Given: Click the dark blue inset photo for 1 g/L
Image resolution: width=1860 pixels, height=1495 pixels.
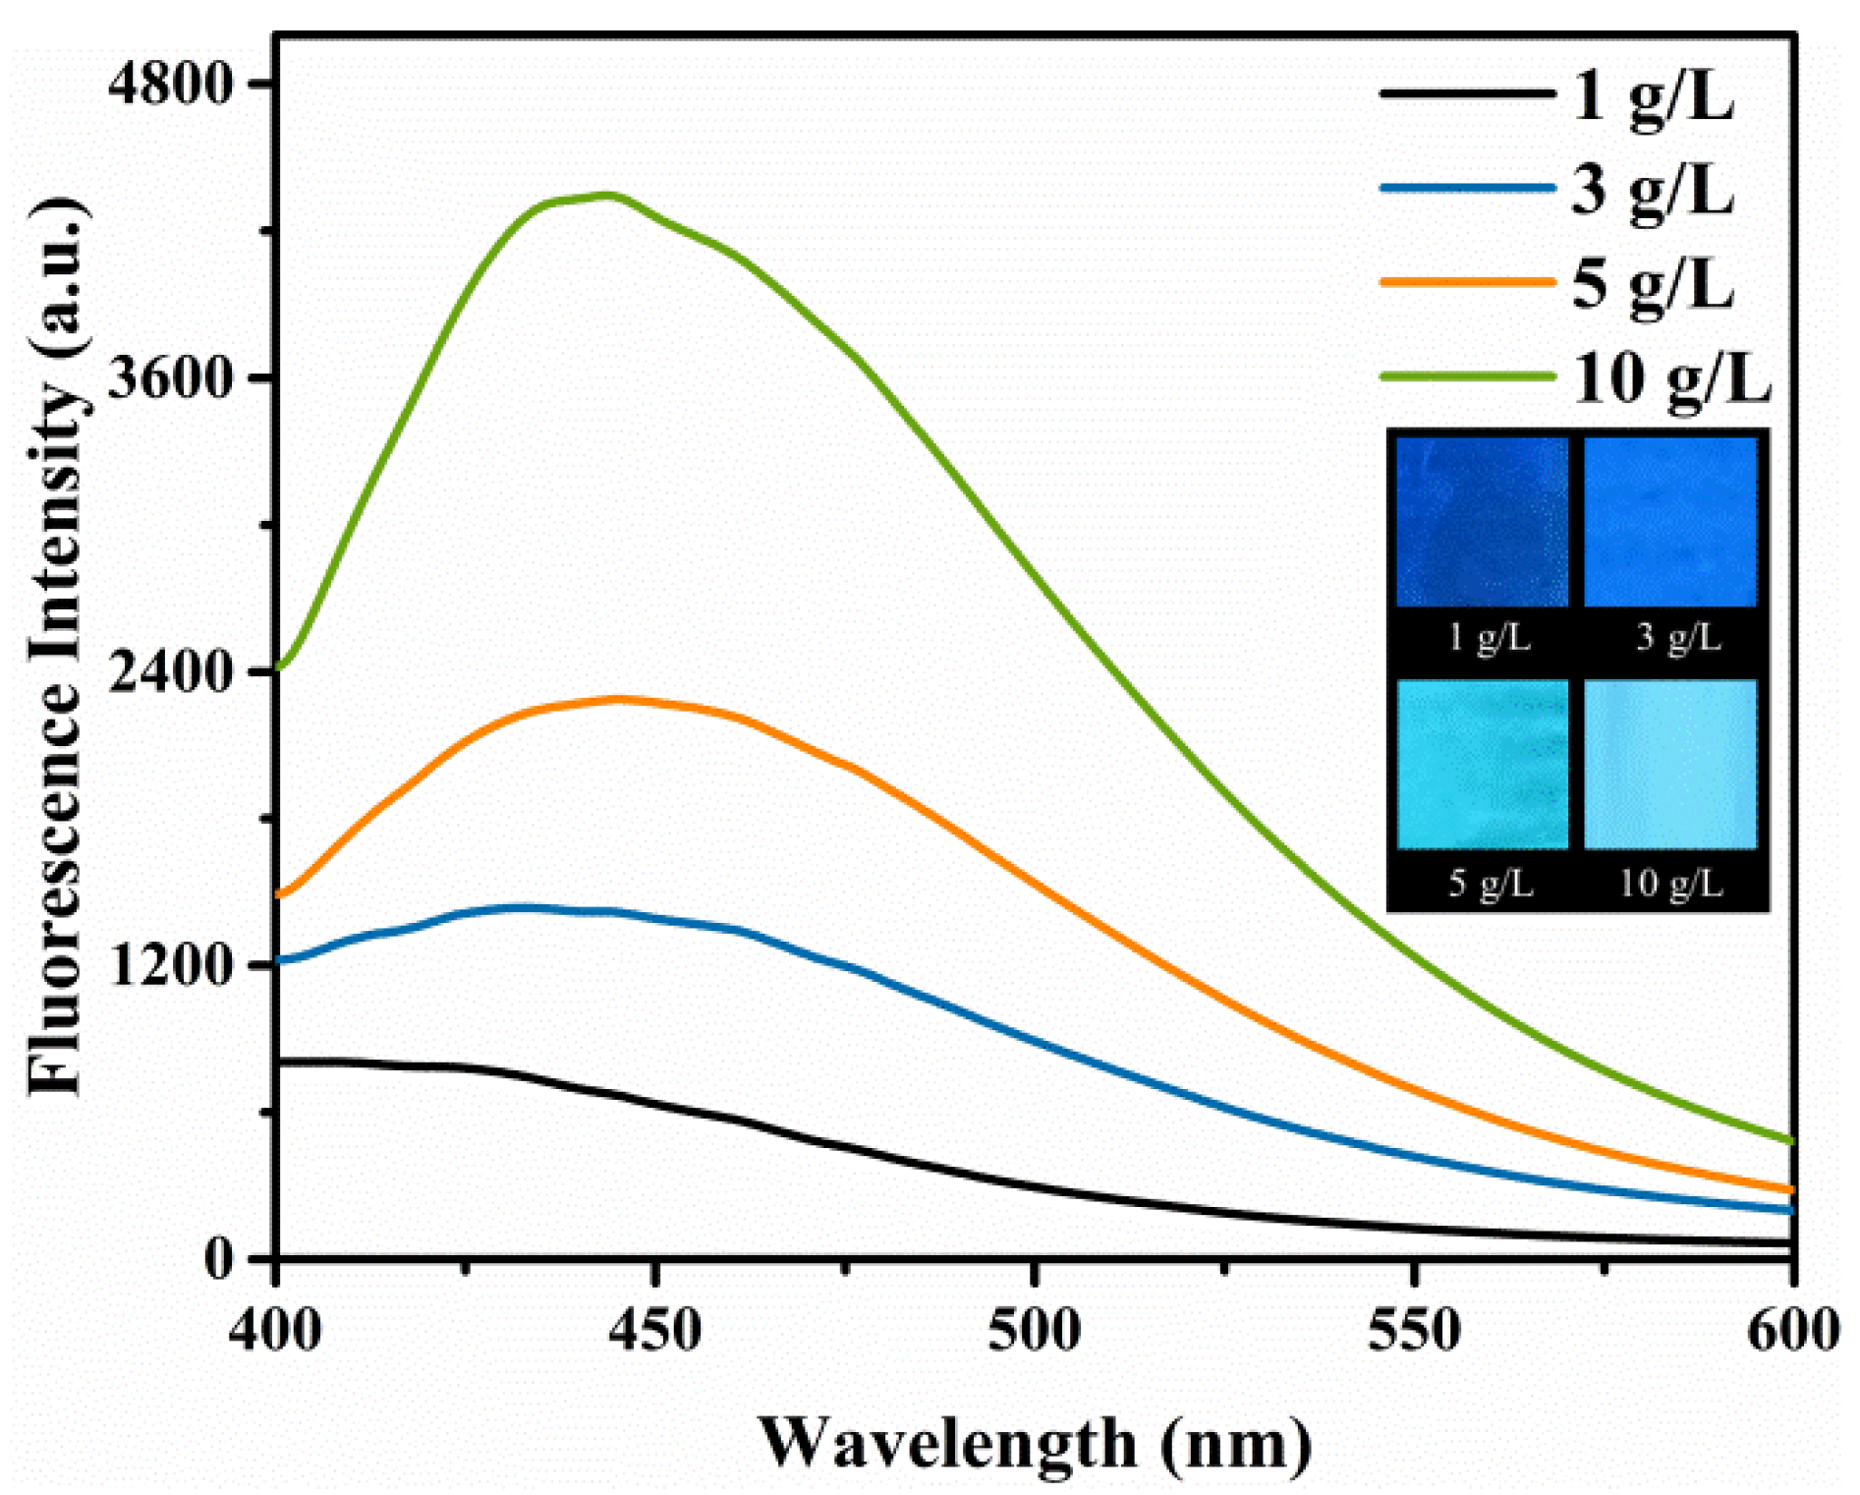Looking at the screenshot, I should [x=1482, y=521].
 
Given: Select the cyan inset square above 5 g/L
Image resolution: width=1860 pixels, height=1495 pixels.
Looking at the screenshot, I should [x=1482, y=764].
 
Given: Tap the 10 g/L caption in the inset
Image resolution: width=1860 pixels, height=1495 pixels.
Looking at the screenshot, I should [x=1671, y=884].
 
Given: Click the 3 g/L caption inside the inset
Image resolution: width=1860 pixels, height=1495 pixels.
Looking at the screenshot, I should [x=1678, y=639].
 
